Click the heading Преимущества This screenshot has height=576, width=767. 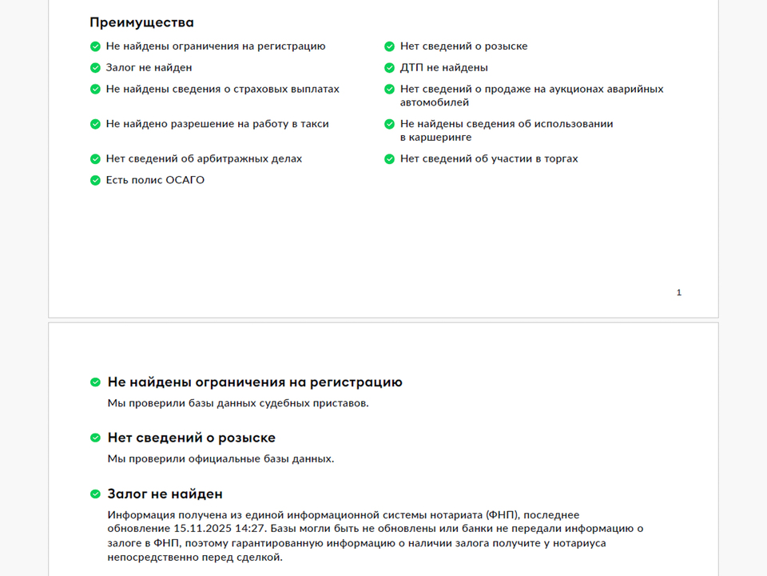coord(141,22)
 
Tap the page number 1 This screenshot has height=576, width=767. coord(679,293)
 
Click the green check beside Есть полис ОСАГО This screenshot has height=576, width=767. coord(95,181)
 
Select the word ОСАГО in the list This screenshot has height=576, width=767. coord(185,180)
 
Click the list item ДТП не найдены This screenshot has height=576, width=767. coord(443,68)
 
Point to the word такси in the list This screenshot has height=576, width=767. coord(315,124)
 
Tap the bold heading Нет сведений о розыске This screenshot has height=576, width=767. coord(191,438)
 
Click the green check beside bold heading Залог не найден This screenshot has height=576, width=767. coord(96,494)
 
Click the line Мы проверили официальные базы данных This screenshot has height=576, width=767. coord(221,459)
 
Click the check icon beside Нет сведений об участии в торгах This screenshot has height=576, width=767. coord(390,159)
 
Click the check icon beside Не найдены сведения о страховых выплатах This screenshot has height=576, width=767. coord(95,90)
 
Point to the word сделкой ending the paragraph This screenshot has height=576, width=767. coord(260,558)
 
